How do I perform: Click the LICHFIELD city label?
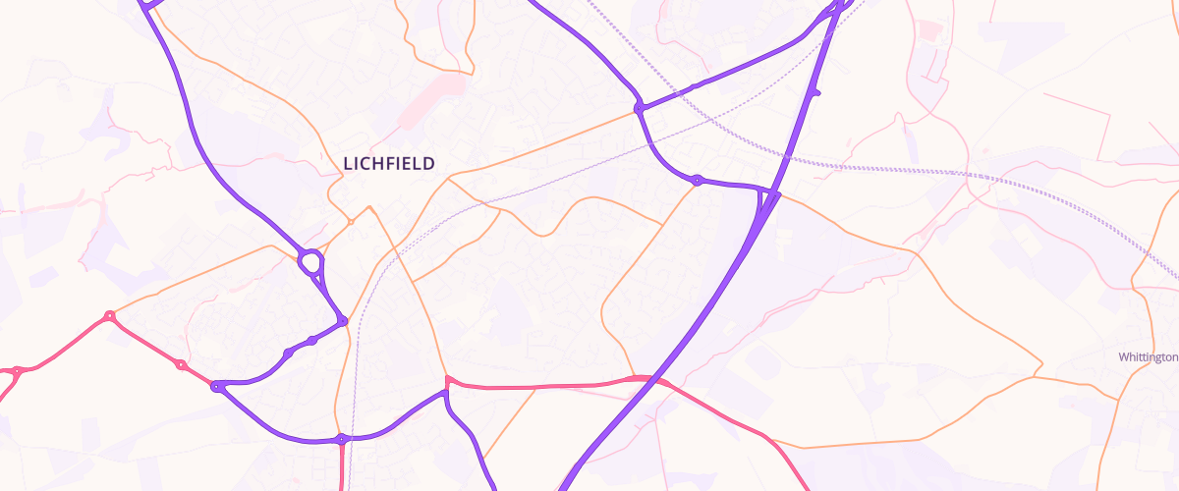click(389, 163)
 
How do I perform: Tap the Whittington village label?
click(1148, 357)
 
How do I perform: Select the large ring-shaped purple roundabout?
click(310, 262)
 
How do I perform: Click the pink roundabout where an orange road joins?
click(110, 316)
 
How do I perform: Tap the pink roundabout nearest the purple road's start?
click(181, 365)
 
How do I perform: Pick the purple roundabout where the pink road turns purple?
click(217, 387)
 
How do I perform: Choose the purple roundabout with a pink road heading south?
click(342, 439)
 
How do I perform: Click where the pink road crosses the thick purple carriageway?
click(644, 378)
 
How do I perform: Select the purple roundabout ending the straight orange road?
click(639, 107)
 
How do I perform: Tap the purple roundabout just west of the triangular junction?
click(697, 181)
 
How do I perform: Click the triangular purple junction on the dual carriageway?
click(765, 201)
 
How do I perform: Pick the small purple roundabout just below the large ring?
click(342, 321)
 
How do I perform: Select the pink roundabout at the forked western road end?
click(16, 370)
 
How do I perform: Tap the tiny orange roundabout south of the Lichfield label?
click(350, 221)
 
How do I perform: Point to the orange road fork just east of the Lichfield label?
click(450, 180)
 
